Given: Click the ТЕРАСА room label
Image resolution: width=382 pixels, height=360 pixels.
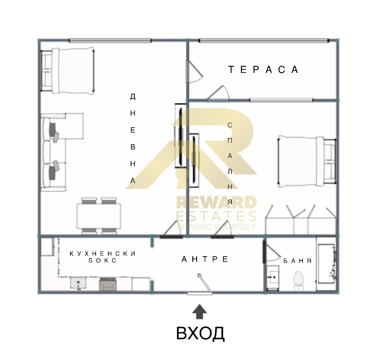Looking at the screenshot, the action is point(263,70).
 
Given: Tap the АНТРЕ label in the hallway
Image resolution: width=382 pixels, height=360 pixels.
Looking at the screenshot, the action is point(205,259).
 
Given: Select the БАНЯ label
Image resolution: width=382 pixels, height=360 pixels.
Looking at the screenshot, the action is point(298,261).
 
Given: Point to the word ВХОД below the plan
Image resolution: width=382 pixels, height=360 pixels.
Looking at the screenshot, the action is point(200,333).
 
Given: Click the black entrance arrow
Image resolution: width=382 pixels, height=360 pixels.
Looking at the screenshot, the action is point(199,312).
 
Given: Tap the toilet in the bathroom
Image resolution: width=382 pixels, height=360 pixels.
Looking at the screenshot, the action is point(298,281).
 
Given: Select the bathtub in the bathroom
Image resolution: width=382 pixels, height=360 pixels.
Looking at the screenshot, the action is point(326,264).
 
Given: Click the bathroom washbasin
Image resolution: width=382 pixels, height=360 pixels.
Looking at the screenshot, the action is point(273,277).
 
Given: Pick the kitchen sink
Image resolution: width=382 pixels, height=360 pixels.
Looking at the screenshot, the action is point(78,283).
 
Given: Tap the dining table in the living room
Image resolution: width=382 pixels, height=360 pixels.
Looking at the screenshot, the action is point(99,216).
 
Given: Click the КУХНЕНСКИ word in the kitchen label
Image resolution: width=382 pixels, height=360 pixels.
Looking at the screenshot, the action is point(102,254).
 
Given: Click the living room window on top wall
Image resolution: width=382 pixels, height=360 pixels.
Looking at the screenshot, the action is point(110,41).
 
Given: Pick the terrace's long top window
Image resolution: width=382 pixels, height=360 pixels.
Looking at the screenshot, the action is point(264,41).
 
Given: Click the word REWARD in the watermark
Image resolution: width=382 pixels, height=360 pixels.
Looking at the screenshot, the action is point(216,203).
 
